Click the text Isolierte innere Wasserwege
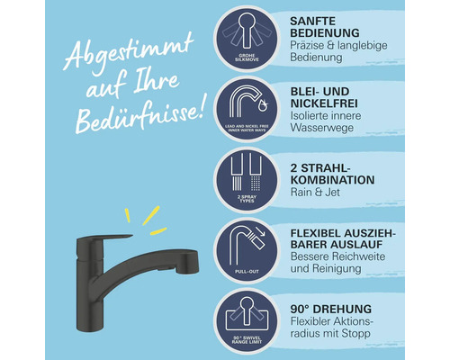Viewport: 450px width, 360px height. click(331, 126)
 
